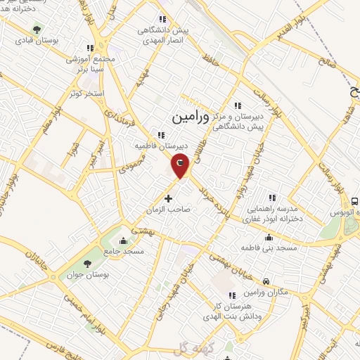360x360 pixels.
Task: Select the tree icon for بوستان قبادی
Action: [x=36, y=30]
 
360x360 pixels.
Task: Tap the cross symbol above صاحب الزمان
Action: [x=167, y=198]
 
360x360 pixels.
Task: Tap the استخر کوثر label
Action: [x=88, y=94]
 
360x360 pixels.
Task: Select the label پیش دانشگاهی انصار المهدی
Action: [x=163, y=30]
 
